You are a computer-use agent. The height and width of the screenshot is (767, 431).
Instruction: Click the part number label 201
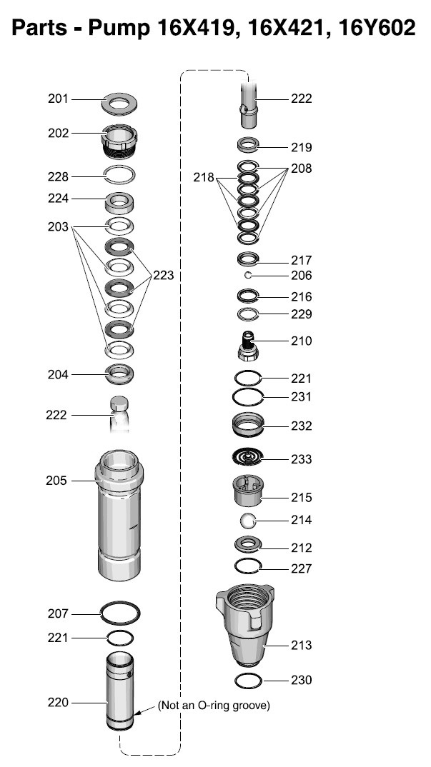point(59,99)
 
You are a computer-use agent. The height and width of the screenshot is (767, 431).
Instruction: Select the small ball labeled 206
point(248,276)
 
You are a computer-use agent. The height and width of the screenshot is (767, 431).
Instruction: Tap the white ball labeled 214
point(248,521)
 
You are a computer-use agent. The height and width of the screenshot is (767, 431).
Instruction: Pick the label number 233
point(301,459)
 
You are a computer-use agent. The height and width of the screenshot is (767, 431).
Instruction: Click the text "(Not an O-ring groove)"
point(214,706)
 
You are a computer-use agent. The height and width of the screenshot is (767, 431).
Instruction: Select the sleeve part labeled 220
point(120,691)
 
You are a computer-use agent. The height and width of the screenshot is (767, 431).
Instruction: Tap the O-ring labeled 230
point(248,681)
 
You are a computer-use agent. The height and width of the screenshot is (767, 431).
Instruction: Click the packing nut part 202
point(119,140)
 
